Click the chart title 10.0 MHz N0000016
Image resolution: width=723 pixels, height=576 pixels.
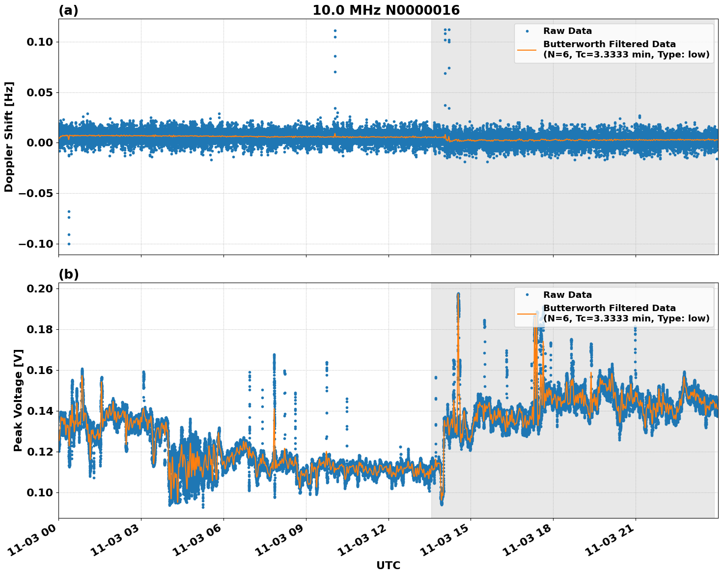point(386,10)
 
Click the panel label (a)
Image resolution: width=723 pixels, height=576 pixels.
point(68,10)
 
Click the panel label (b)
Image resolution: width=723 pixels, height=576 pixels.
point(68,274)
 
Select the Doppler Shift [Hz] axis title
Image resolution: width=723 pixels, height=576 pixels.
point(9,137)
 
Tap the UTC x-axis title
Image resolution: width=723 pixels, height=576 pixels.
point(388,565)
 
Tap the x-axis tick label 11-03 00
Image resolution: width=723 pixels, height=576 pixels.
point(34,542)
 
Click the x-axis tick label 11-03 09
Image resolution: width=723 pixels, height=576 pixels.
point(282,542)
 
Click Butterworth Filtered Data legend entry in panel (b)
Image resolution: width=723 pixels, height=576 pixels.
point(609,313)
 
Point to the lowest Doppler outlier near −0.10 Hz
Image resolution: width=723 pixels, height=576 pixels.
point(69,244)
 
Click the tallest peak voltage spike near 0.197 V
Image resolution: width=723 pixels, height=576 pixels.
point(458,294)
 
